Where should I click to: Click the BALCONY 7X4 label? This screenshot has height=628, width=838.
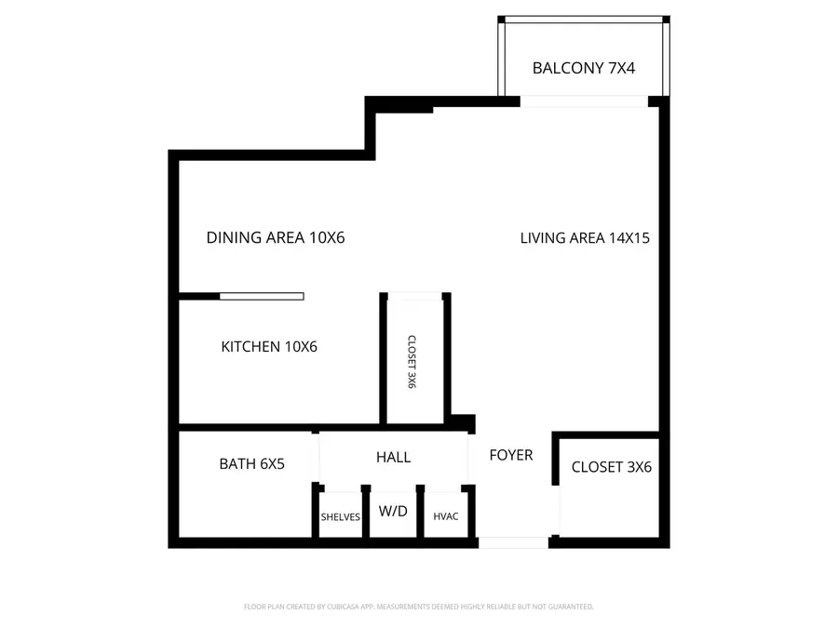coord(583,68)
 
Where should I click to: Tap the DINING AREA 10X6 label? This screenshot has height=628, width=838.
coord(276,237)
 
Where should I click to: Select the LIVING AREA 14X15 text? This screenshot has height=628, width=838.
coord(584,237)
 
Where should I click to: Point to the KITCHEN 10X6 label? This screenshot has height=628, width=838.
coord(269,347)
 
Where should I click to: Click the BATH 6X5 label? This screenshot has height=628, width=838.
coord(251,463)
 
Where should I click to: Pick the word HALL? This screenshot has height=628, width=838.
coord(393,457)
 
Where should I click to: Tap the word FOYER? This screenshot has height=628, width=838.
coord(511,455)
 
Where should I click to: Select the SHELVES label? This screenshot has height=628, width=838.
coord(340,517)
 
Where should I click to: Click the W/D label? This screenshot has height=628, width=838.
coord(393,511)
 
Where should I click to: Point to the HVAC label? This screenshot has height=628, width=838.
coord(446,517)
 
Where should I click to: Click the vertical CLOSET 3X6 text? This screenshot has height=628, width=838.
coord(411,362)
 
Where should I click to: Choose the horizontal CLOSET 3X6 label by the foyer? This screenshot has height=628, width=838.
coord(611,467)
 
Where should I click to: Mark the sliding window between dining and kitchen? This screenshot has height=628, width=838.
coord(262,296)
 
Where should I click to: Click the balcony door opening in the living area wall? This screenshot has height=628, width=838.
coord(584,101)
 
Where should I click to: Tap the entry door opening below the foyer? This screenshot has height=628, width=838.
coord(512,541)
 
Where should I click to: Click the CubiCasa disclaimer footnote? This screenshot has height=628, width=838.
coord(418,607)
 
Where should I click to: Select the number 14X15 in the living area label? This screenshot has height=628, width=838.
coord(628,237)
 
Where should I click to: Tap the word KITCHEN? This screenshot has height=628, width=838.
coord(250,347)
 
